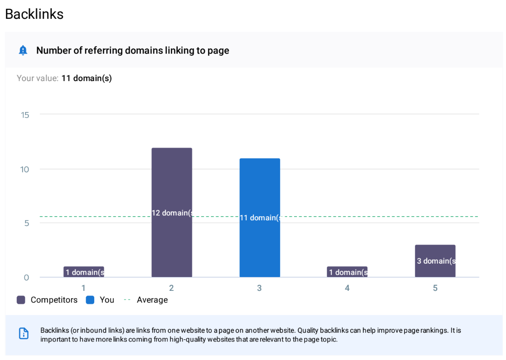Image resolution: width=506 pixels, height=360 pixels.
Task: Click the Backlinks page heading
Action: [34, 14]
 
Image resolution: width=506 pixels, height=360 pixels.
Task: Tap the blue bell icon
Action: [23, 50]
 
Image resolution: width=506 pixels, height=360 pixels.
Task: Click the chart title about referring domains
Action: [133, 50]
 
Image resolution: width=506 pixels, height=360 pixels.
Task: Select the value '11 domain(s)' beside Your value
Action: [86, 78]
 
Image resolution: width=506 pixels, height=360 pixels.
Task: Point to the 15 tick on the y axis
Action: [25, 115]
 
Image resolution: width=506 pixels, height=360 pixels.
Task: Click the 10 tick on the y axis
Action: [24, 169]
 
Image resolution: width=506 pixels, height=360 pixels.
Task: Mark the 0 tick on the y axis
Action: [26, 277]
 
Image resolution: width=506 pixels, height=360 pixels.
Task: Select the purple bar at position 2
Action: [172, 184]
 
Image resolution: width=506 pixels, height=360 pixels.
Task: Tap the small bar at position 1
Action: [84, 272]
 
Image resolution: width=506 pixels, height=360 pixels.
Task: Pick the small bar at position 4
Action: [347, 272]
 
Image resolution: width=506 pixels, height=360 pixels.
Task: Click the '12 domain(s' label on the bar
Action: [172, 213]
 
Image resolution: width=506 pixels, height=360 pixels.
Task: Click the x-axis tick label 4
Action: [347, 288]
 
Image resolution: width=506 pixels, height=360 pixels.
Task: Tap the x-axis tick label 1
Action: [84, 288]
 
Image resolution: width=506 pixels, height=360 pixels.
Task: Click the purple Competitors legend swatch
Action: [21, 300]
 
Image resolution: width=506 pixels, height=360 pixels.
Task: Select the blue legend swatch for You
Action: [90, 300]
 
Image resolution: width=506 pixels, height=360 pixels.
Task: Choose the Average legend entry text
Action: [152, 300]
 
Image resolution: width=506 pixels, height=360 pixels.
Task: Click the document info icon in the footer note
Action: [24, 333]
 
